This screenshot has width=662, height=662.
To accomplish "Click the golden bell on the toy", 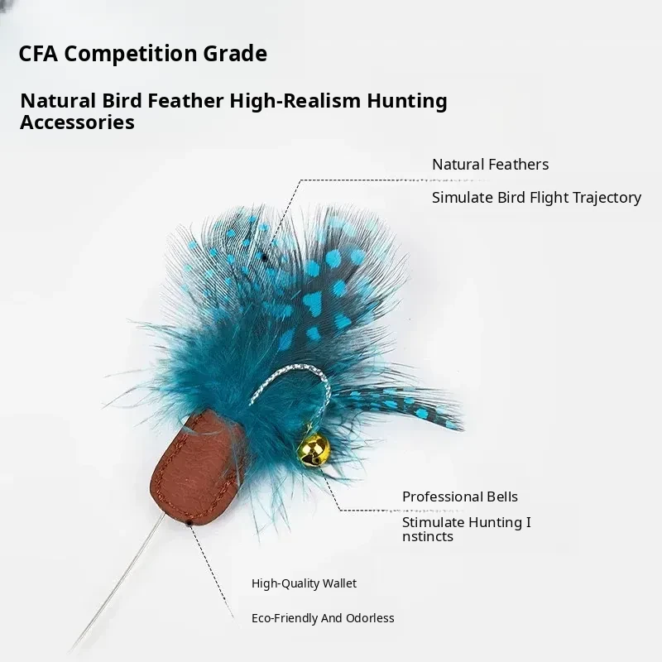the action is pyautogui.click(x=314, y=450).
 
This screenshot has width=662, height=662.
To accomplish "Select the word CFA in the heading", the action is pyautogui.click(x=38, y=54).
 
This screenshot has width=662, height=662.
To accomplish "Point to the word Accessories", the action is pyautogui.click(x=77, y=122).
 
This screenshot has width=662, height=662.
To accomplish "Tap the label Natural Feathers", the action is pyautogui.click(x=490, y=164).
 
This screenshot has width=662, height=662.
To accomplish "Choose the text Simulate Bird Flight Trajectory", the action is pyautogui.click(x=536, y=198).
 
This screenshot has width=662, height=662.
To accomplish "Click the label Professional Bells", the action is pyautogui.click(x=460, y=496).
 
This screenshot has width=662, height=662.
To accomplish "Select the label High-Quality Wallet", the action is pyautogui.click(x=304, y=583).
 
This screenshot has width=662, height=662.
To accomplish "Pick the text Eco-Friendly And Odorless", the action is pyautogui.click(x=323, y=618).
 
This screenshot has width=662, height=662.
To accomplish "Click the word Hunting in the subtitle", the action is pyautogui.click(x=407, y=101).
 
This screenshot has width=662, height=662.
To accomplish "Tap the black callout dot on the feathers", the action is pyautogui.click(x=265, y=257).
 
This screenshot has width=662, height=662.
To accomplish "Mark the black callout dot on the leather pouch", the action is pyautogui.click(x=189, y=523).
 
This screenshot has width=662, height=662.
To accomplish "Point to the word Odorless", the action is pyautogui.click(x=370, y=618).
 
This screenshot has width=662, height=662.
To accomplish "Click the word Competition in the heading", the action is pyautogui.click(x=131, y=54).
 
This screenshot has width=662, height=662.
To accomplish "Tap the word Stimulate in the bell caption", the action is pyautogui.click(x=432, y=522).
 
